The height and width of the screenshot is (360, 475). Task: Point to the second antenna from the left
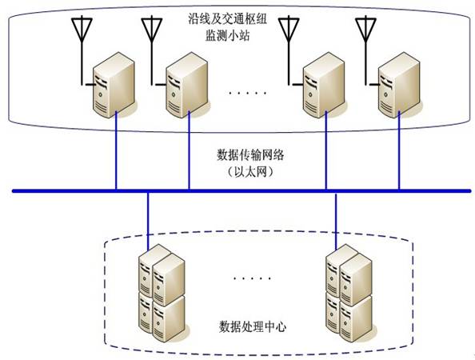(x=152, y=32)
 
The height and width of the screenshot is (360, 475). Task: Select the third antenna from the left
(x=289, y=32)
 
